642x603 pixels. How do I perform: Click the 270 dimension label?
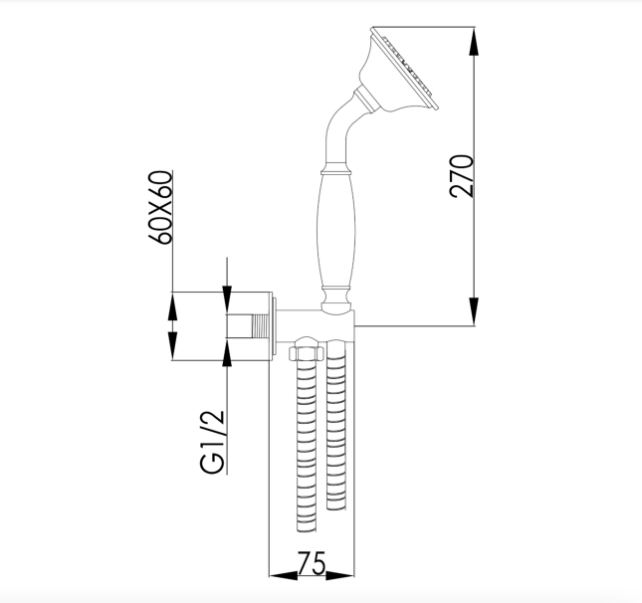click(462, 176)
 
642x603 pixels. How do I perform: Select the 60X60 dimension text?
click(159, 207)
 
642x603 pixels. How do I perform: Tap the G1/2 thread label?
click(213, 442)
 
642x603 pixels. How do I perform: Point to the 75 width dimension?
click(312, 564)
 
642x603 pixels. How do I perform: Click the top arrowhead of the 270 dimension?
click(474, 42)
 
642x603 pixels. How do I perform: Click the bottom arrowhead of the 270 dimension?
click(474, 311)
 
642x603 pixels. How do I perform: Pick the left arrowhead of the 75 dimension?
click(284, 575)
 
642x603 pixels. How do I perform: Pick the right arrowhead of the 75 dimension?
click(339, 575)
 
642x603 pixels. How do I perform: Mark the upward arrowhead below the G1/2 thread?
click(227, 352)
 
